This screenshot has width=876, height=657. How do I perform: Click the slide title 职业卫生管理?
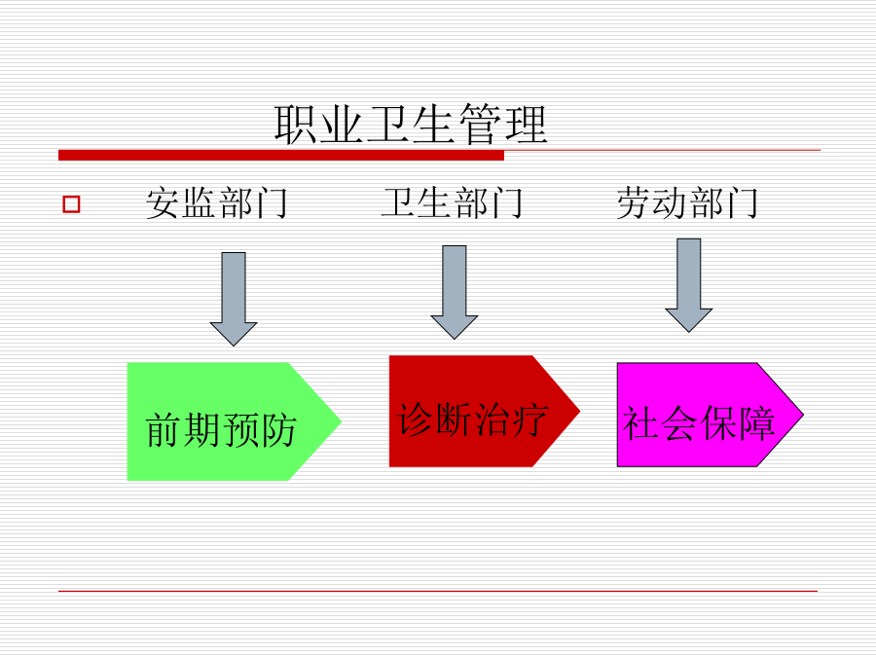coord(411,125)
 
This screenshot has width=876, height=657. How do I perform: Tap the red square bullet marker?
coord(71,204)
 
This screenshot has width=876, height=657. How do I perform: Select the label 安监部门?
coord(217,202)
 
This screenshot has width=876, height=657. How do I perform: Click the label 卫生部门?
coord(452,202)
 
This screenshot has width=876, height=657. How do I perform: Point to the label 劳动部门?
coord(687,202)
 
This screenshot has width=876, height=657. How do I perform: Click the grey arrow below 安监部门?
coord(234,299)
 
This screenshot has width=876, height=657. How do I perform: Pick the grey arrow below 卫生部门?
coord(455,292)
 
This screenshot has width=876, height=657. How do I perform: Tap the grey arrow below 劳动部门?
coord(689,285)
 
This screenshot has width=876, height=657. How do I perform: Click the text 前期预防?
coord(221,430)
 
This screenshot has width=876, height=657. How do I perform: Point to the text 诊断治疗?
coord(473,420)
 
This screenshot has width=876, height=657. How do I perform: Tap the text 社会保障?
coord(699,423)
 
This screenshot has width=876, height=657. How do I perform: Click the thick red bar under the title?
coord(281,156)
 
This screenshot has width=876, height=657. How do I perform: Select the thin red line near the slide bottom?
coord(438,591)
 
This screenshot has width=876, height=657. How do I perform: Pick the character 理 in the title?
coord(526,125)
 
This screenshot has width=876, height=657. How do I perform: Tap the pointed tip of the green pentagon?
coord(342,421)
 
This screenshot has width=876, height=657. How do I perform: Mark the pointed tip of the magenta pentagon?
coord(803,415)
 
